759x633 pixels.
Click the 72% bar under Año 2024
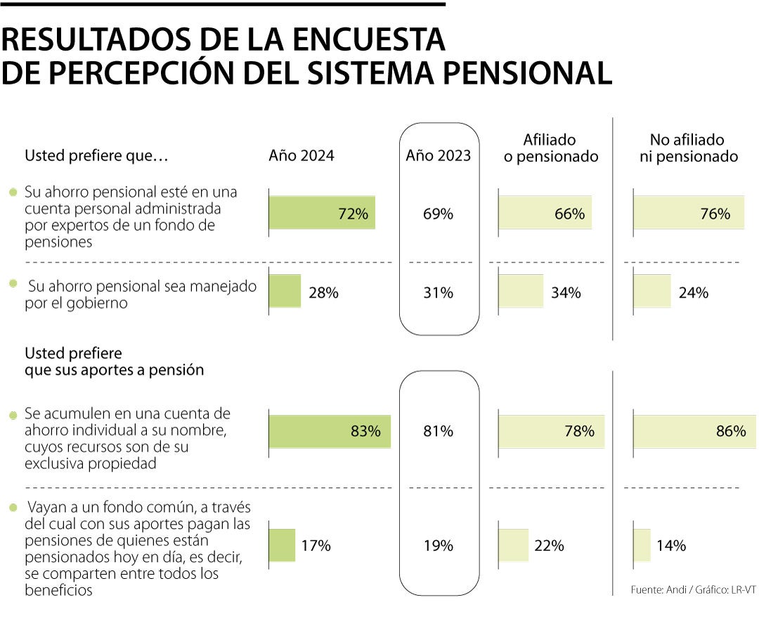pyautogui.click(x=322, y=213)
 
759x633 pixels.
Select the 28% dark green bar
pyautogui.click(x=285, y=291)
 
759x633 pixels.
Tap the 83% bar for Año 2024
pyautogui.click(x=330, y=431)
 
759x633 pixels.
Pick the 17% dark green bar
pyautogui.click(x=282, y=545)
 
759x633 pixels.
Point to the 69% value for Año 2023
pyautogui.click(x=438, y=214)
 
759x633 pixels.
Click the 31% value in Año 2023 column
pyautogui.click(x=438, y=293)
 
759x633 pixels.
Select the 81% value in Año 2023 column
pyautogui.click(x=438, y=431)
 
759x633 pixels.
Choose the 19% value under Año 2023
pyautogui.click(x=438, y=545)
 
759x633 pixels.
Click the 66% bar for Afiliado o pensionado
pyautogui.click(x=545, y=213)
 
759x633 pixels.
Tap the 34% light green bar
pyautogui.click(x=521, y=291)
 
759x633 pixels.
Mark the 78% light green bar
pyautogui.click(x=551, y=431)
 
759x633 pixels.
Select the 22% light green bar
pyautogui.click(x=513, y=545)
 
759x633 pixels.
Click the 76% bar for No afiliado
pyautogui.click(x=689, y=213)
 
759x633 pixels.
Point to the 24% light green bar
pyautogui.click(x=652, y=291)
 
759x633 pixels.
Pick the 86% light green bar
pyautogui.click(x=694, y=431)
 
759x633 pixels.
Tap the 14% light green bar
pyautogui.click(x=642, y=545)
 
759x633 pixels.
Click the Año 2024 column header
pyautogui.click(x=301, y=156)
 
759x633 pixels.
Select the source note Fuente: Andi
pyautogui.click(x=693, y=590)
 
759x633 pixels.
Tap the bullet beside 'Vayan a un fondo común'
pyautogui.click(x=13, y=507)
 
